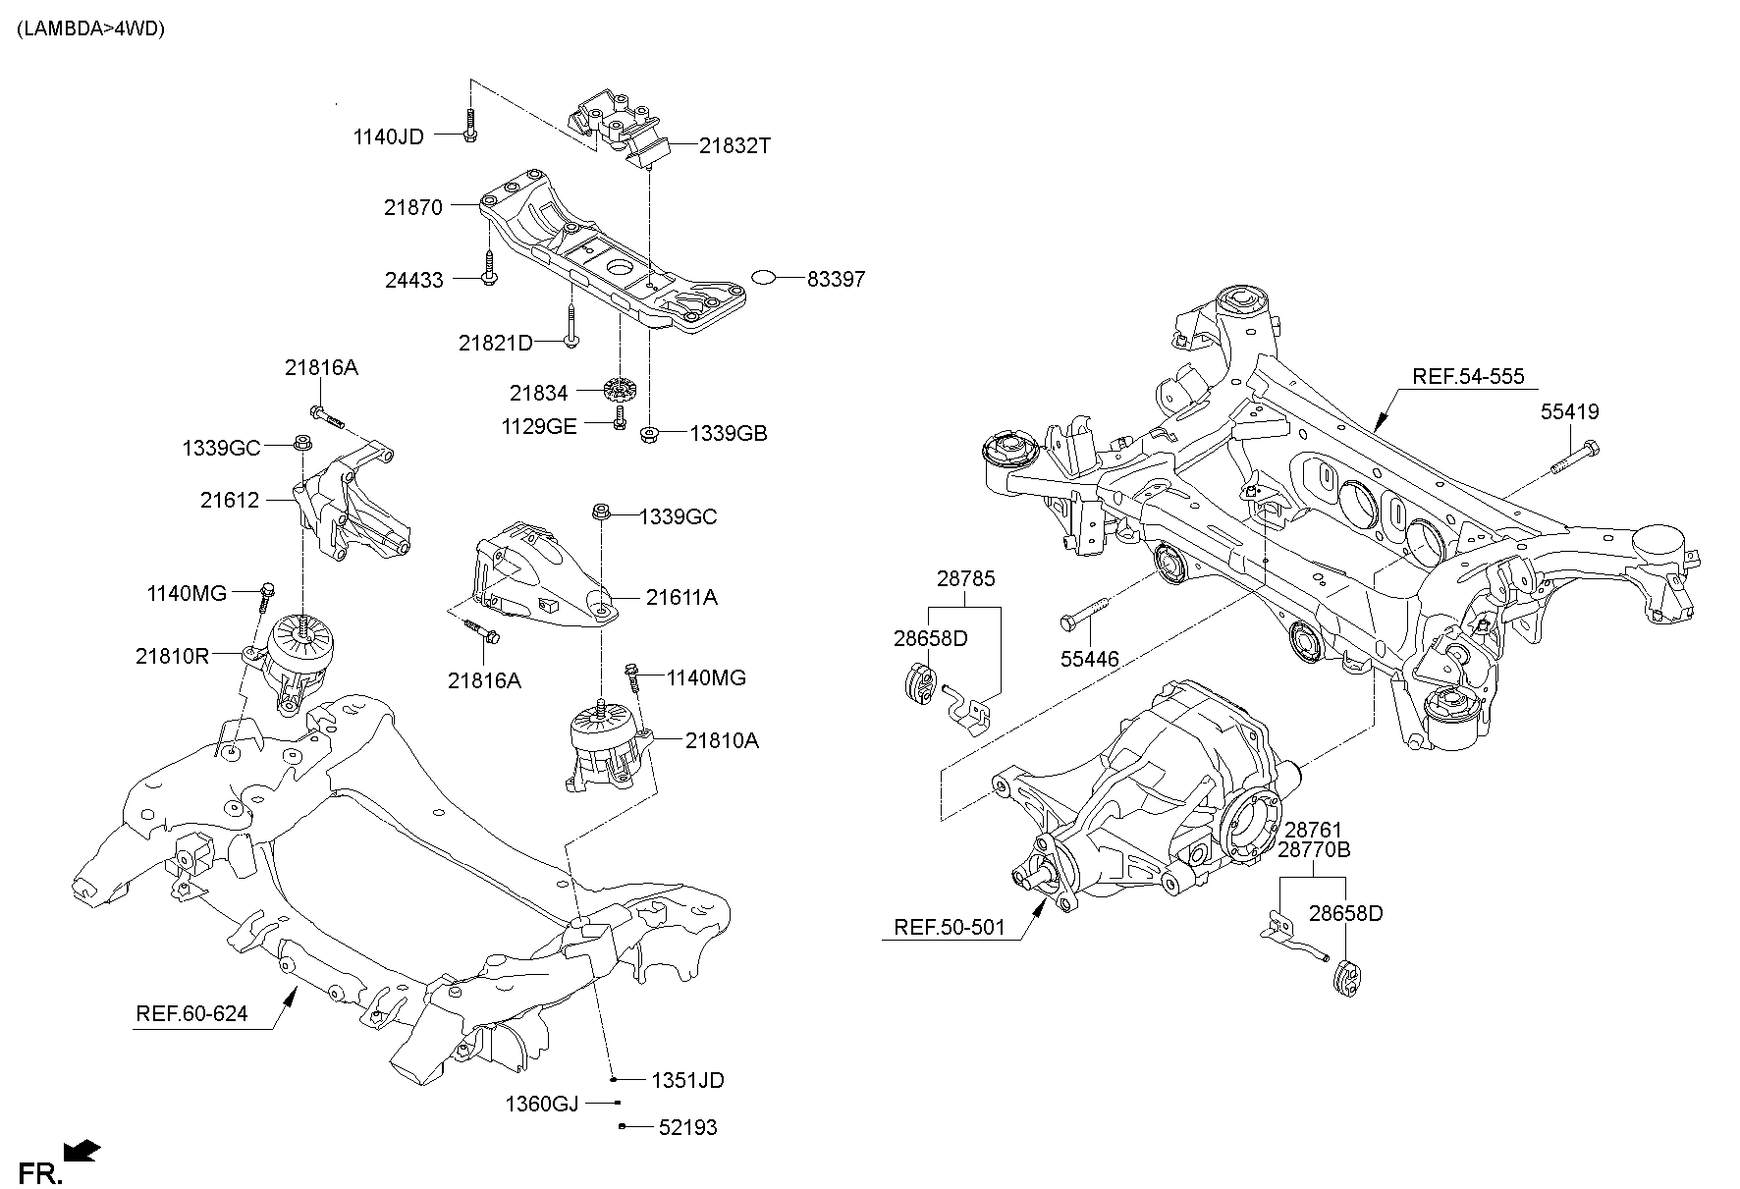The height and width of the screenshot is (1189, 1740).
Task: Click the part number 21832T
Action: pos(734,146)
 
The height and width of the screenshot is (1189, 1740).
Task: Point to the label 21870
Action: pos(413,207)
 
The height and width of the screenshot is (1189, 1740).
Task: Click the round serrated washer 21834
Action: pos(617,390)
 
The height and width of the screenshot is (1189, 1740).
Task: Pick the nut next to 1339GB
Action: pos(648,434)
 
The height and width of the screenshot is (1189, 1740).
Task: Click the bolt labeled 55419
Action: pos(1575,459)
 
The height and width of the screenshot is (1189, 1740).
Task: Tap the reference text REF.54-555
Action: pos(1468,376)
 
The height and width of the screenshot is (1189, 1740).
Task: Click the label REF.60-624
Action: pos(191,1014)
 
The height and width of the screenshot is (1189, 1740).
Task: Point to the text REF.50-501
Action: pos(950,927)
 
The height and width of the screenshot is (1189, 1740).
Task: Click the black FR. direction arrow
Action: pos(82,1150)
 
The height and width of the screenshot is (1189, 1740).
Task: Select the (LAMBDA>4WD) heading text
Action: pos(90,28)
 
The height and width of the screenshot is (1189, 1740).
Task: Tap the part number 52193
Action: pos(687,1128)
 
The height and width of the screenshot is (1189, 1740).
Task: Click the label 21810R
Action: pos(172,655)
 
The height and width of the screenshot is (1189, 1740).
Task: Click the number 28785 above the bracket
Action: pos(965,578)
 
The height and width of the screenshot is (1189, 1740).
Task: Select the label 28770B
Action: pos(1314,849)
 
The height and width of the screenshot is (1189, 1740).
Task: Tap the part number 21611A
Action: pos(681,597)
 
